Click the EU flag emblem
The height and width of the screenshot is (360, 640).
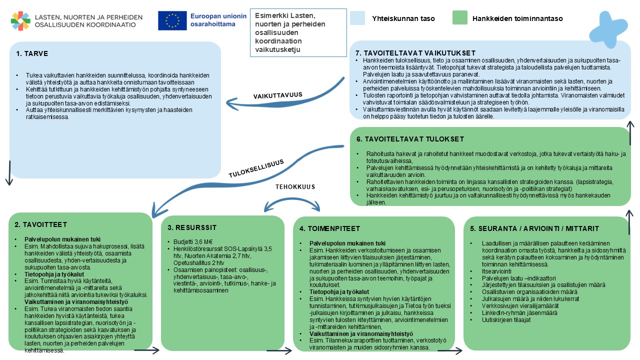172,20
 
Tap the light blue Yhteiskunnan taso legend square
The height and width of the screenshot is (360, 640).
359,18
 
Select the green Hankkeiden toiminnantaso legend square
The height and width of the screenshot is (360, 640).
459,18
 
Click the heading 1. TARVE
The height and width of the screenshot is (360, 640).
32,53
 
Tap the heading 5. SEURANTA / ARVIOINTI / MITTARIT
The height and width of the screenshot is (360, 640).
534,228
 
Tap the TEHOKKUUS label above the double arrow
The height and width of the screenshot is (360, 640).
295,186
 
